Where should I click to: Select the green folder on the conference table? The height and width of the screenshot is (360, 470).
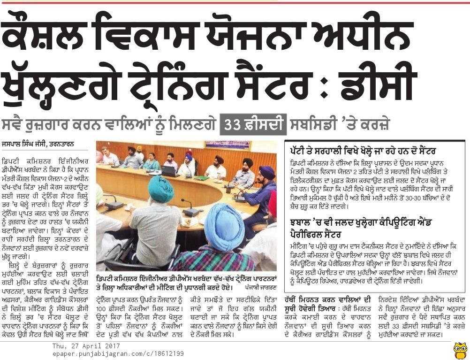pos(202,178)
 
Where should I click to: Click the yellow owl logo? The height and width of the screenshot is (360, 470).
pos(460,350)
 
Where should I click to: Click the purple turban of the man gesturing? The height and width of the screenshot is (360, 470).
pos(266,172)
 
